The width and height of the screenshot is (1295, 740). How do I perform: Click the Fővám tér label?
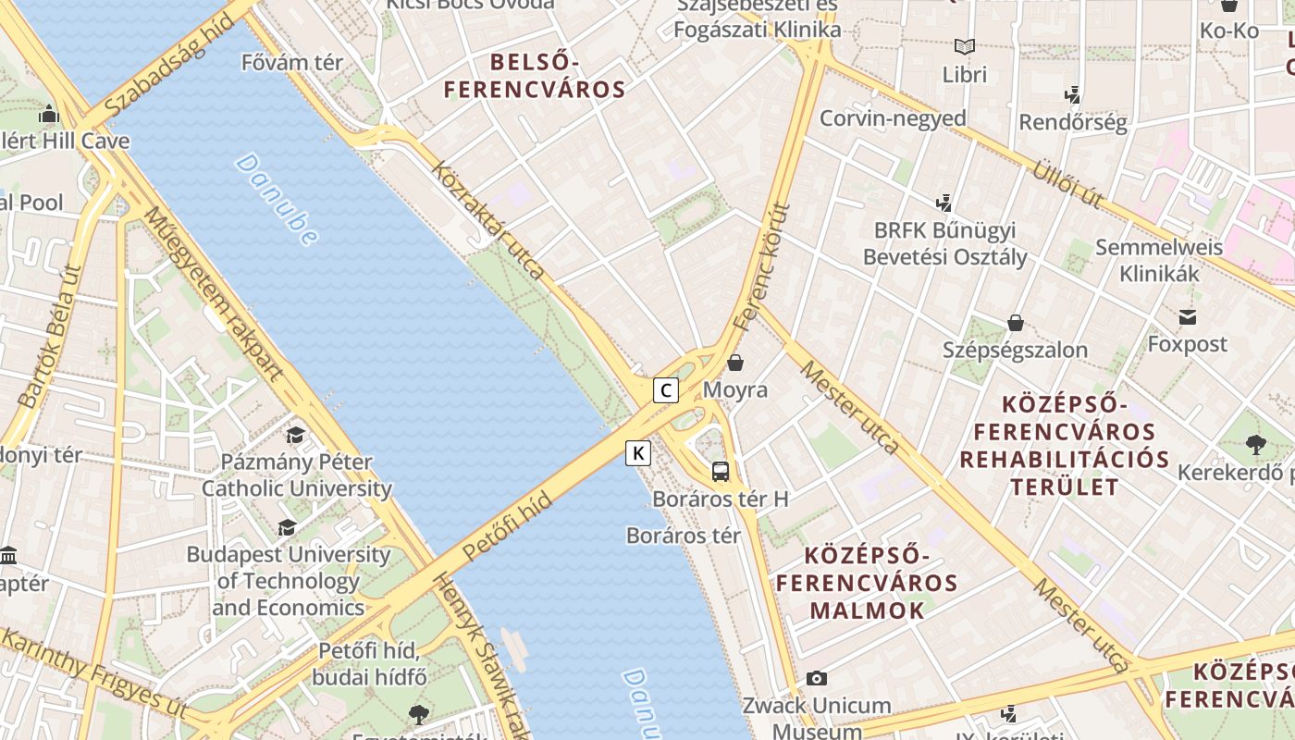[x=291, y=63]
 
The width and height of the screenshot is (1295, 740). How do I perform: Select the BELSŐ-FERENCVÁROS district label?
[x=535, y=76]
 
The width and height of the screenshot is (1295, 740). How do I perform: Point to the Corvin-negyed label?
[x=893, y=118]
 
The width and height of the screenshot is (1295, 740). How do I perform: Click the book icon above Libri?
[x=965, y=46]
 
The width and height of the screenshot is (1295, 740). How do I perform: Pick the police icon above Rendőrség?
[x=1073, y=94]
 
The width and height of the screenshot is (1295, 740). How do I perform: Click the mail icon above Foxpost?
[x=1188, y=318]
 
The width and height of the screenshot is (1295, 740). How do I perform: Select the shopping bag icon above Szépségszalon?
[x=1016, y=323]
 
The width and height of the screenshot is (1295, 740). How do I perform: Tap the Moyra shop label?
[x=735, y=389]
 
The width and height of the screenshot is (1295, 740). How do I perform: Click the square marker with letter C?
[x=665, y=390]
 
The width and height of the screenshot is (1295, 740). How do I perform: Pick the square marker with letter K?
[x=638, y=453]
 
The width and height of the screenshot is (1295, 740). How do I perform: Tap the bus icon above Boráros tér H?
[x=721, y=472]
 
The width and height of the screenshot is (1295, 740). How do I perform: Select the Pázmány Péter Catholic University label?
[x=297, y=475]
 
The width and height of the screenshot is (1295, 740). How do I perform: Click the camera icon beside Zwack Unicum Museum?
[x=816, y=679]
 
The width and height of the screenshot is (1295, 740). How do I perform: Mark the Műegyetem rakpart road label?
[x=213, y=293]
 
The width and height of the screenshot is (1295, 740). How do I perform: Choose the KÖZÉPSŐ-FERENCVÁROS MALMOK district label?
[x=867, y=583]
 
